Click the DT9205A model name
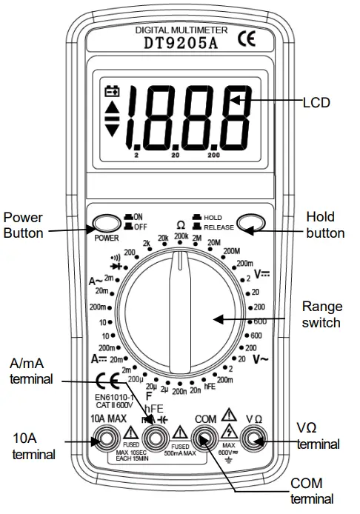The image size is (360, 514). [x=180, y=44]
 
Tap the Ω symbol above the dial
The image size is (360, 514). [x=180, y=224]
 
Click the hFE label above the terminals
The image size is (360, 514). [x=153, y=408]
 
